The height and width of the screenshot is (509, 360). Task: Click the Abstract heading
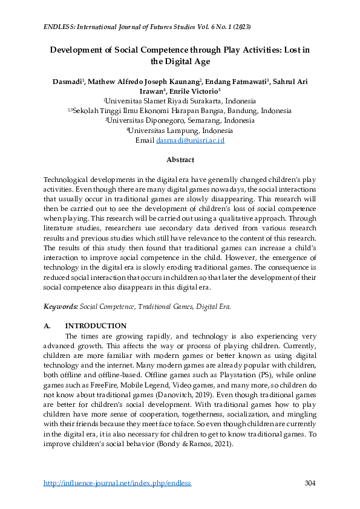[x=180, y=160]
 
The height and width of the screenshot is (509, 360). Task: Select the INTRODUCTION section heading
[x=96, y=326]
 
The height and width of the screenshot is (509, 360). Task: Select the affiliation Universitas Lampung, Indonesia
[x=180, y=130]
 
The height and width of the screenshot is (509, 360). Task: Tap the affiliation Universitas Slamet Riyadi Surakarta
[x=181, y=101]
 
